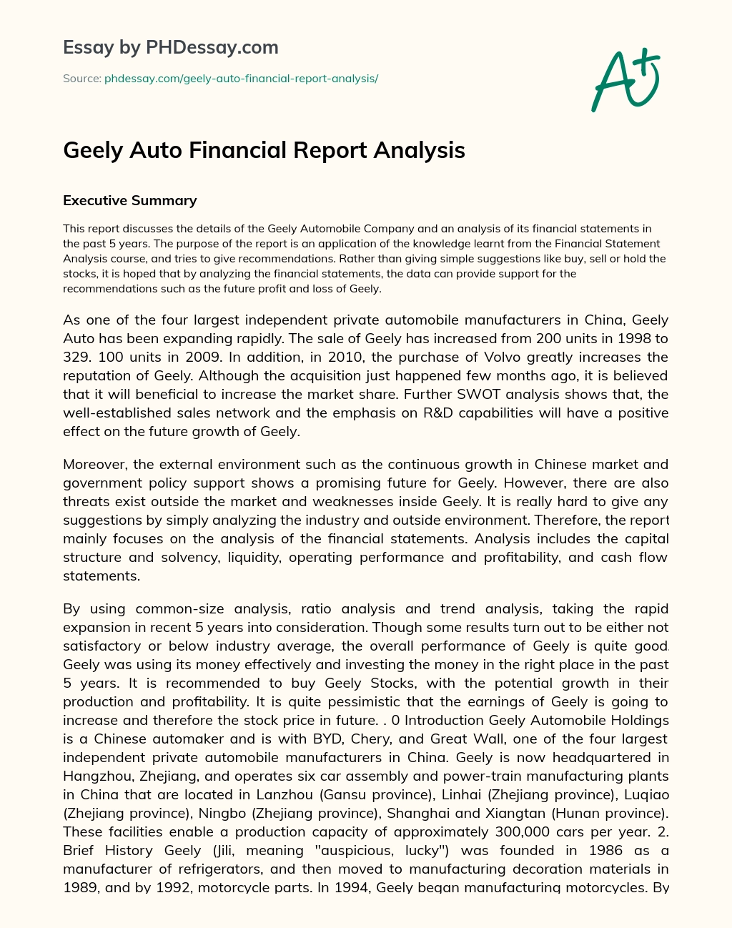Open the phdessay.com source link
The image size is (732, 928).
241,79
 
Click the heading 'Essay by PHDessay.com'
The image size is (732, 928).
170,47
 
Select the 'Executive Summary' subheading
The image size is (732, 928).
129,200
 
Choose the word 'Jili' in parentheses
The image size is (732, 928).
224,850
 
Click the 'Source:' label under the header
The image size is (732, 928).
81,79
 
